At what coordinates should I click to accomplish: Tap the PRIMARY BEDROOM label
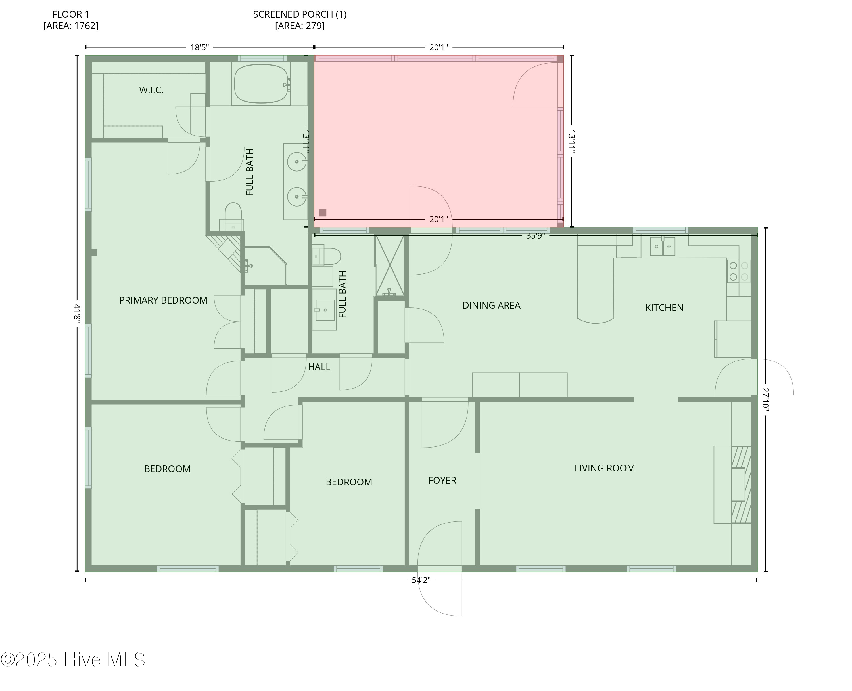tap(163, 300)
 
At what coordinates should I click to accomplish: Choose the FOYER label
tap(442, 481)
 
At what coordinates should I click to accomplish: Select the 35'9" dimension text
tap(535, 236)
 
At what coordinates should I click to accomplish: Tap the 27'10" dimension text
tap(765, 399)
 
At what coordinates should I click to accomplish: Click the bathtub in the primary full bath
tap(261, 84)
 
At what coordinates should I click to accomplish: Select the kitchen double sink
tap(662, 247)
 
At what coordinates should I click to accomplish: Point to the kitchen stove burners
tap(738, 271)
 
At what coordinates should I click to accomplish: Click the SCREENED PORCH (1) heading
tap(300, 15)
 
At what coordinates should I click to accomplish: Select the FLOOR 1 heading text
tap(70, 15)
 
